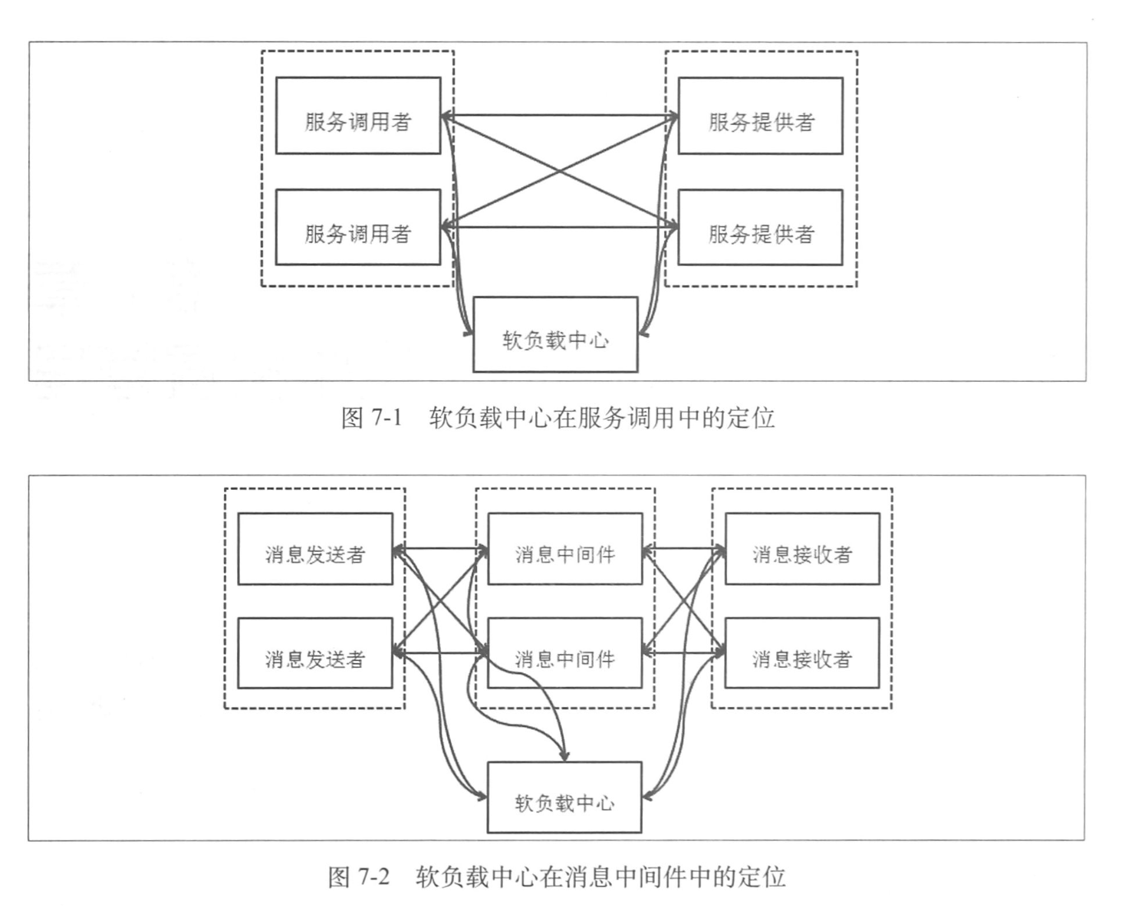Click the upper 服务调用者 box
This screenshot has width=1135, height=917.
coord(358,116)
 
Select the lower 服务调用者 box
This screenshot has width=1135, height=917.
coord(358,228)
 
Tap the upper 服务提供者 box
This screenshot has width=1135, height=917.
coord(760,116)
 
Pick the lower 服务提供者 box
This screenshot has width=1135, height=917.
coord(760,228)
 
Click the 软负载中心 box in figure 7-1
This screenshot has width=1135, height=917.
coord(555,335)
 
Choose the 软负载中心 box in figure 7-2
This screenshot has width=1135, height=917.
coord(564,797)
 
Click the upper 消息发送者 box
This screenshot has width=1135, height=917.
coord(315,549)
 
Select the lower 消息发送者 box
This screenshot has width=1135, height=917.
coord(315,653)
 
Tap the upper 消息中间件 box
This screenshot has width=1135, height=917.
coord(565,549)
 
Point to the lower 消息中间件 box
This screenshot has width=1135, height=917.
coord(565,653)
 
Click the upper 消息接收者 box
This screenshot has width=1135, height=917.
coord(802,549)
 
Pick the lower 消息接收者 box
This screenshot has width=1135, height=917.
coord(802,653)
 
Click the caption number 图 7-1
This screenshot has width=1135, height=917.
coord(372,418)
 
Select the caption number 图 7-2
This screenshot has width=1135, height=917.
coord(359,876)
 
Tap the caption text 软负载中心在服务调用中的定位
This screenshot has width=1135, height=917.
coord(602,418)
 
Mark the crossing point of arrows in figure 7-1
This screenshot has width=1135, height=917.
coord(560,171)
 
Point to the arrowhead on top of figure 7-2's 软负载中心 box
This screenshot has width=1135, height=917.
coord(564,756)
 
